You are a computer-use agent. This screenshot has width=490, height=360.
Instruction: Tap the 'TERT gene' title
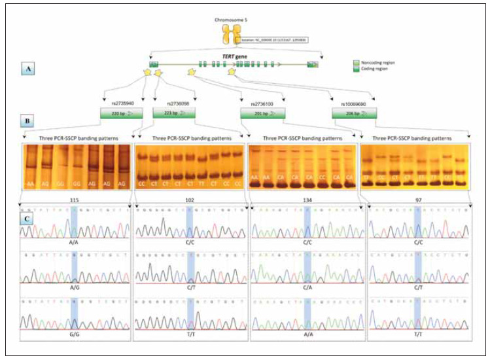[234, 58]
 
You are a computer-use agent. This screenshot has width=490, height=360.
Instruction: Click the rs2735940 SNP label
[121, 103]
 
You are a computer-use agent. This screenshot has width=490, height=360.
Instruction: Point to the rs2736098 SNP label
[177, 103]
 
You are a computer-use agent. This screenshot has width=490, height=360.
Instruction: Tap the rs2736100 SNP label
[262, 103]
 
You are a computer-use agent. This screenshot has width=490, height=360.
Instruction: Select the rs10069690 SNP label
[354, 103]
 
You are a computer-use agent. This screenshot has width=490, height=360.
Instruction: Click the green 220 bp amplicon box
[121, 113]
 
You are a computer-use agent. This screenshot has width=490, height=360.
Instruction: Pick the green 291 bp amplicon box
[262, 114]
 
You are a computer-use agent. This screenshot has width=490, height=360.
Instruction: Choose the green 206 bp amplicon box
[354, 114]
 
